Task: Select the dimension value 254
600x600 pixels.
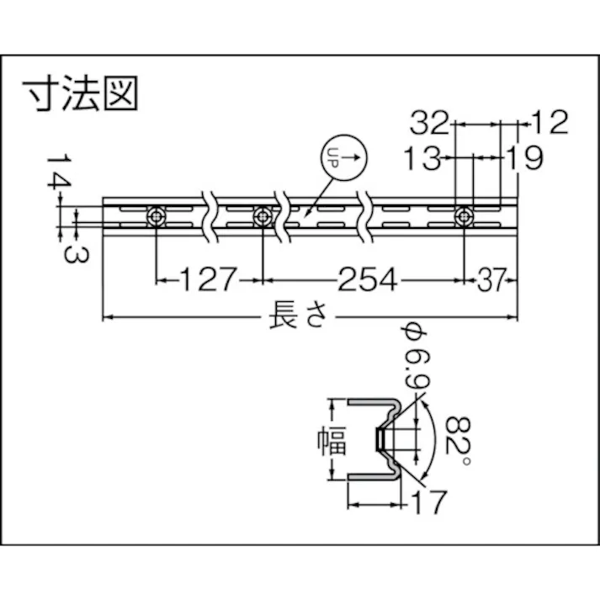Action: click(x=366, y=278)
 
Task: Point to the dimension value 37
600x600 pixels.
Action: click(x=492, y=278)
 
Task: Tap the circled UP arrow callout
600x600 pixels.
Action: click(x=345, y=157)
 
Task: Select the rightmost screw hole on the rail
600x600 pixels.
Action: click(x=463, y=216)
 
